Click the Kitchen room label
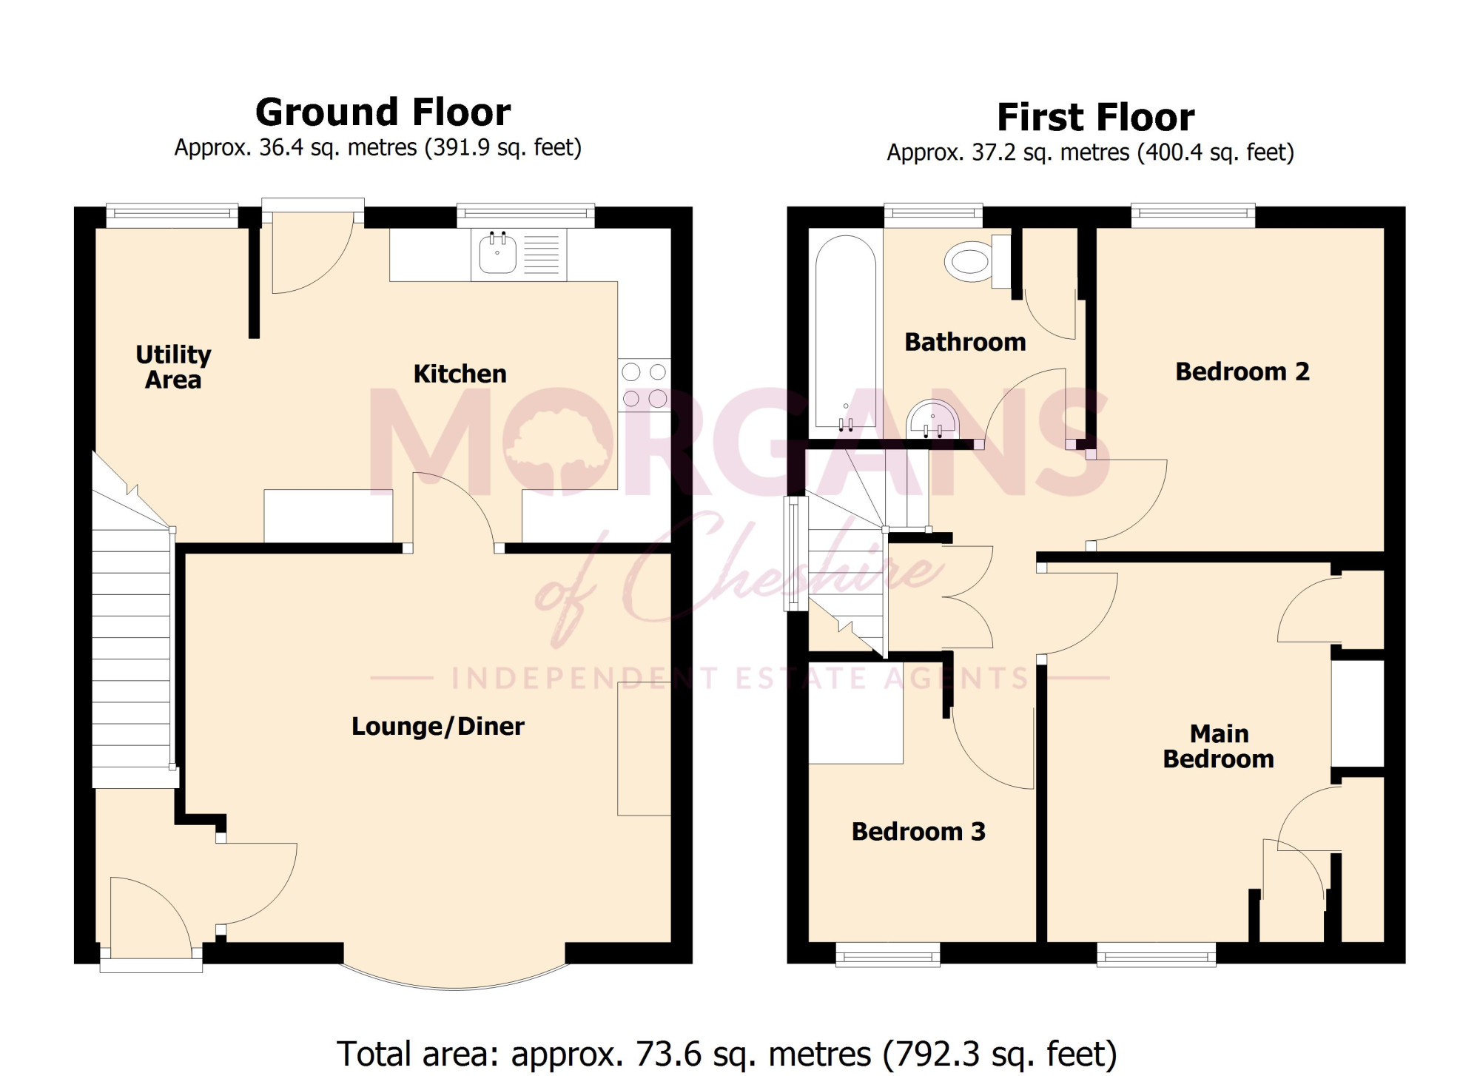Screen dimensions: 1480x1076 (x=460, y=374)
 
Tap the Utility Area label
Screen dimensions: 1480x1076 (x=173, y=367)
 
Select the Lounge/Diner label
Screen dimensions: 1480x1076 (x=438, y=726)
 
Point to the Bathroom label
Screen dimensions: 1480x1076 (x=965, y=342)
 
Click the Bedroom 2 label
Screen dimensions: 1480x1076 (x=1242, y=371)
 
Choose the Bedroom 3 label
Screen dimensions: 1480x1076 (x=918, y=832)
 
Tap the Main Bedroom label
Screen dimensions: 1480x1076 (x=1219, y=746)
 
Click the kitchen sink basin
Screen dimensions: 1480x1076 (x=497, y=252)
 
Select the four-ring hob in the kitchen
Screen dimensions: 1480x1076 (x=644, y=386)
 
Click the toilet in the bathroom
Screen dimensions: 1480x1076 (x=978, y=261)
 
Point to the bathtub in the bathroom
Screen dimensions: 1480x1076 (x=845, y=332)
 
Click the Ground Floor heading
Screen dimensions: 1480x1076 (x=383, y=112)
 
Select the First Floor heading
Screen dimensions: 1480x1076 (x=1095, y=117)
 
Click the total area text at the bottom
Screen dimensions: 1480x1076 (x=726, y=1054)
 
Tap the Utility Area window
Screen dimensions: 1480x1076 (x=172, y=215)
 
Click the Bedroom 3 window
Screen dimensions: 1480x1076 (x=888, y=955)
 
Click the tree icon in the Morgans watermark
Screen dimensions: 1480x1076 (x=558, y=445)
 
